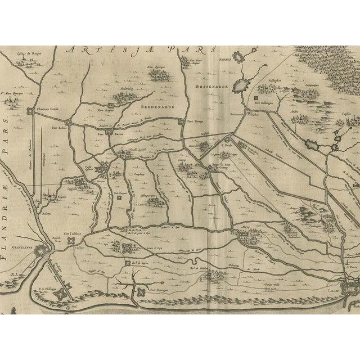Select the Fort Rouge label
195,121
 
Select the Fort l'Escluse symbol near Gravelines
72,240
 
